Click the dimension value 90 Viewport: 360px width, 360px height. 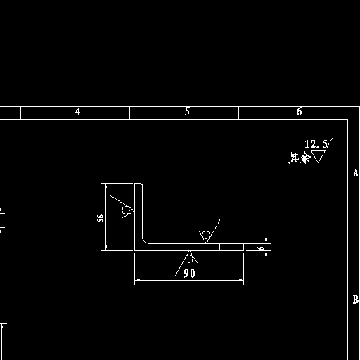click(189, 273)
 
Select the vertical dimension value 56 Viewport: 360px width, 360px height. click(101, 218)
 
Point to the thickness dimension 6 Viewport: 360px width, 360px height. click(262, 248)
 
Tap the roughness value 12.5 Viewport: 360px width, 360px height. click(316, 144)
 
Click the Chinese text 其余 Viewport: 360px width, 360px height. click(300, 157)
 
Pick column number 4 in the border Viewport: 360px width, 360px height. click(78, 112)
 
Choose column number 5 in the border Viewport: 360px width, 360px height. click(187, 112)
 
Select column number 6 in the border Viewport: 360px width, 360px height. click(299, 112)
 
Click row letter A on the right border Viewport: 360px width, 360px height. click(356, 173)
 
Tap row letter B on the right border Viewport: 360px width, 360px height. click(356, 300)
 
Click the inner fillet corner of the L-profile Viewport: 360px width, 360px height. click(144, 242)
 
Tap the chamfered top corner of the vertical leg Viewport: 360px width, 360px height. click(141, 184)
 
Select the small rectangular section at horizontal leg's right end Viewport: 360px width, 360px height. click(231, 247)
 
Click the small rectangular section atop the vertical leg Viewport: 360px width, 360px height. click(139, 189)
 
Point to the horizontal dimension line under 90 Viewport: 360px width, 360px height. click(189, 280)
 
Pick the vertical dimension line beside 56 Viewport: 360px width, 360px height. click(105, 217)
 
